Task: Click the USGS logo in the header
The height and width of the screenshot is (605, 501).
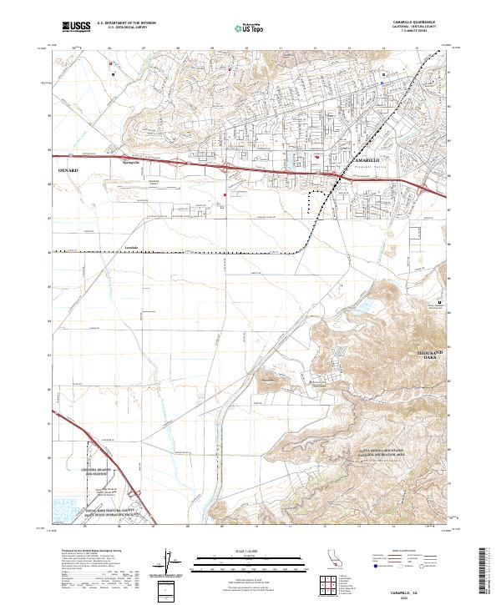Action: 76,27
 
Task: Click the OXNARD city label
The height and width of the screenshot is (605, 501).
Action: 68,169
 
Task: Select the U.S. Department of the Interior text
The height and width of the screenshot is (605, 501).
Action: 127,23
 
